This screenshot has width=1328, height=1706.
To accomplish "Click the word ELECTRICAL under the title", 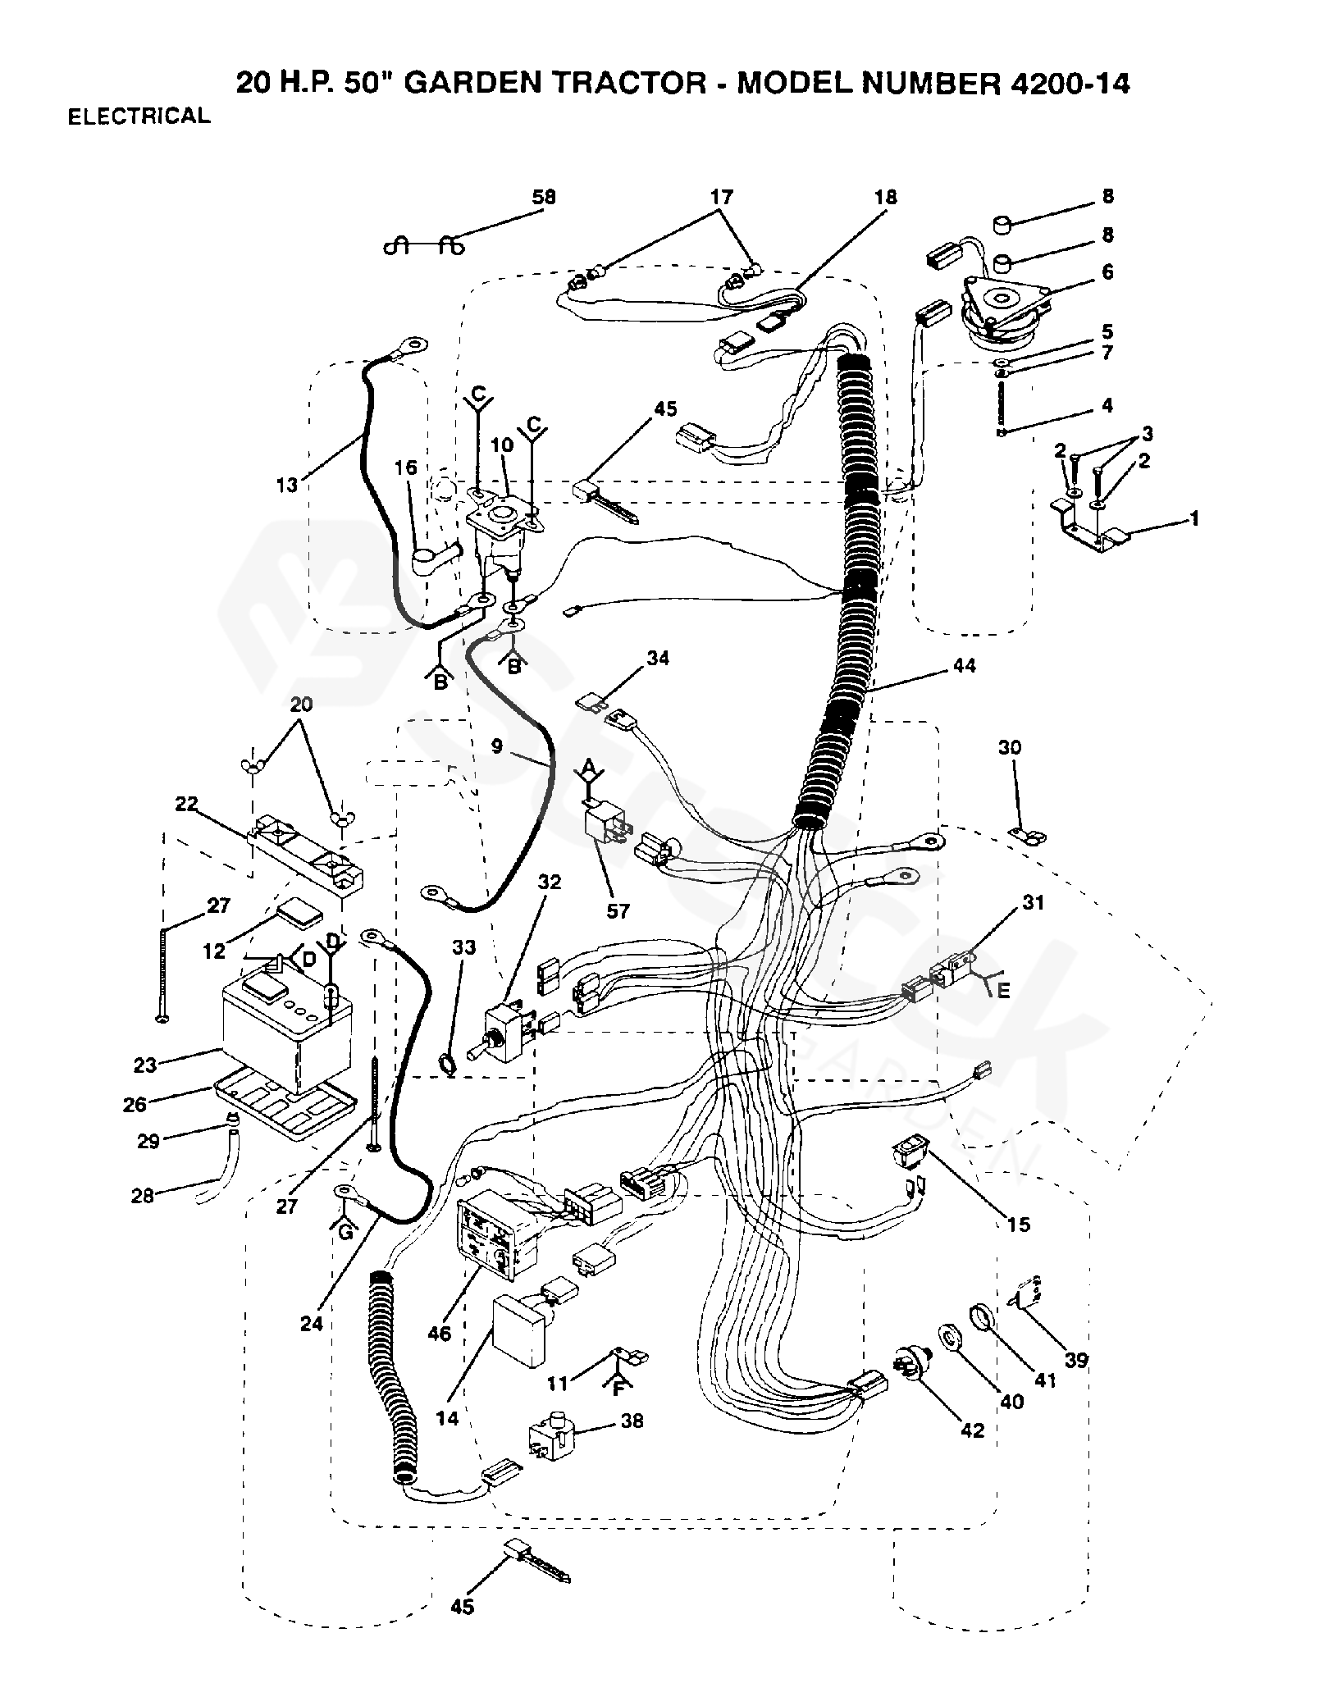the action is click(x=139, y=116).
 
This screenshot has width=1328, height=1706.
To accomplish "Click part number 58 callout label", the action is click(x=543, y=198).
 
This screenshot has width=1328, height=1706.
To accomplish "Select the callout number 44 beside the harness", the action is click(x=965, y=666).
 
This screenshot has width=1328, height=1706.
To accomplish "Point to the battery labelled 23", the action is click(x=287, y=1029).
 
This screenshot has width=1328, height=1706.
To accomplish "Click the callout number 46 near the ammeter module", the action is click(x=439, y=1334).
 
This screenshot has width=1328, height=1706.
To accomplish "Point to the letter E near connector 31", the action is click(x=1002, y=990).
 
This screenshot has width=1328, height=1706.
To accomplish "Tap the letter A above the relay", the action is click(x=587, y=768).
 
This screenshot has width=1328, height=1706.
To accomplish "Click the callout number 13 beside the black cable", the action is click(x=286, y=486).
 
